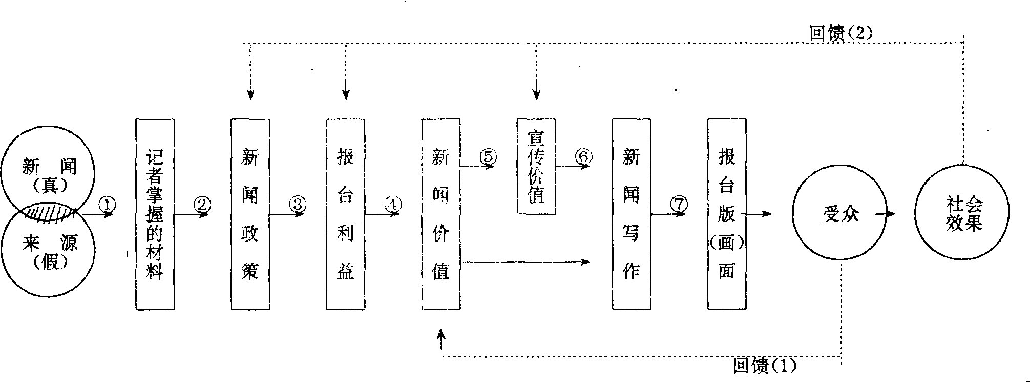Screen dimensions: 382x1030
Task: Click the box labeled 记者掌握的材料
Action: pos(155,214)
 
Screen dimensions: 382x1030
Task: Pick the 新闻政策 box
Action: pos(250,214)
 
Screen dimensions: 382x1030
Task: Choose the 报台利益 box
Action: pos(346,214)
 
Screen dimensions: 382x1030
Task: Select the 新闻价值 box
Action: pos(440,214)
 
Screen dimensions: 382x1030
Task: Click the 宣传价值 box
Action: pos(536,166)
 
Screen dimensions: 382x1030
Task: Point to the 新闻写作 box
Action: pos(632,214)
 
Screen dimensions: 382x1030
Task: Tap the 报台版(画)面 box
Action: pos(727,214)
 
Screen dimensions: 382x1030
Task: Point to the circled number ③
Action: pos(298,204)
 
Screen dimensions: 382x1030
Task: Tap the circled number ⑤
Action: pos(488,156)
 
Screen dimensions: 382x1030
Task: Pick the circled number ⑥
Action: pos(584,156)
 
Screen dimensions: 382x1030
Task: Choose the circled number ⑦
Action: pos(679,204)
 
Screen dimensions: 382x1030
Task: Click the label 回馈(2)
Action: pos(840,33)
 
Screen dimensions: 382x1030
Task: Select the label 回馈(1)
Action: pos(765,366)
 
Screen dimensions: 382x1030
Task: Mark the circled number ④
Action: pos(393,204)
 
